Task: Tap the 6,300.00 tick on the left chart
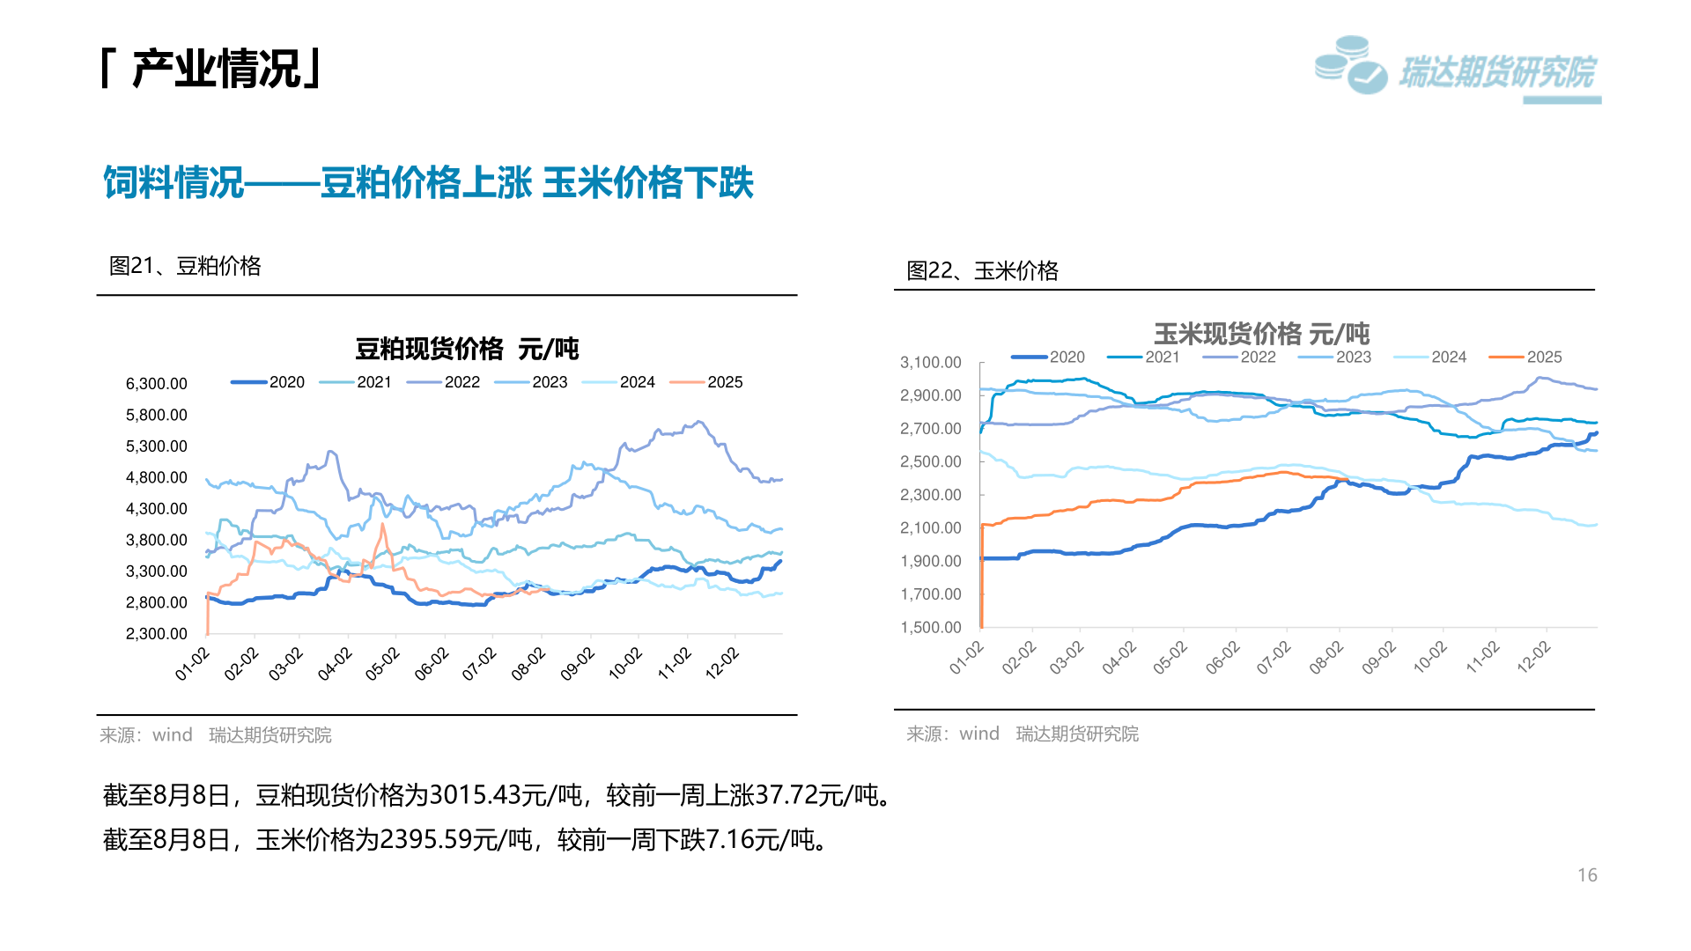click(x=156, y=384)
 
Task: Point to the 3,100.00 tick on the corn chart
click(x=930, y=363)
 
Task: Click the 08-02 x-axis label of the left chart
click(x=528, y=664)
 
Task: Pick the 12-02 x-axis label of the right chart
click(x=1533, y=658)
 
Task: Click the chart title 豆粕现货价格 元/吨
click(x=467, y=350)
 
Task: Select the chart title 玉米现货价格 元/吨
click(x=1261, y=334)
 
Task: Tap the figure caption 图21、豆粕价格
click(x=185, y=266)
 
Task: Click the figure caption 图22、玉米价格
click(x=982, y=271)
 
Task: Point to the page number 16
click(x=1586, y=875)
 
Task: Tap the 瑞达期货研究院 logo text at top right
click(x=1496, y=73)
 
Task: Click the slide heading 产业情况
click(x=216, y=70)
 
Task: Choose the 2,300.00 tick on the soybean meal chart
click(x=156, y=634)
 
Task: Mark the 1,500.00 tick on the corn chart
click(x=930, y=628)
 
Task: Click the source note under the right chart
click(x=1022, y=734)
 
